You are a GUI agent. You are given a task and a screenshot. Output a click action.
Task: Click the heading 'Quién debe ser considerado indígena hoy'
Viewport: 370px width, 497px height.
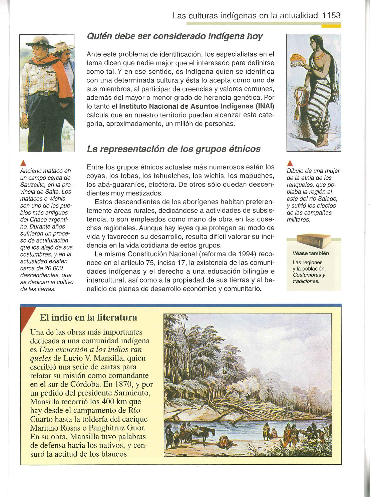click(174, 36)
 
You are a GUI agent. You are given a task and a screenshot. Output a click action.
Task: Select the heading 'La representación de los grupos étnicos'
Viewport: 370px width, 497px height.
click(173, 149)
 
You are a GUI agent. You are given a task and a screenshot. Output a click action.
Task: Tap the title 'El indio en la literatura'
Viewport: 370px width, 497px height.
click(88, 317)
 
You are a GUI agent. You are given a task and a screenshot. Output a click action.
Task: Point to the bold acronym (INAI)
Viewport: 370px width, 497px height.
click(265, 106)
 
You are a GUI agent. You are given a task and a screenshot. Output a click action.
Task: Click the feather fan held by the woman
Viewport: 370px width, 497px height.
click(296, 61)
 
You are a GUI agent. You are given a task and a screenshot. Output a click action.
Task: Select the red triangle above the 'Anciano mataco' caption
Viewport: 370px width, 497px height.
click(23, 163)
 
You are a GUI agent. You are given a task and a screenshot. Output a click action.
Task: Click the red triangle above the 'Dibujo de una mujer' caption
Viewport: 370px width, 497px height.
click(290, 163)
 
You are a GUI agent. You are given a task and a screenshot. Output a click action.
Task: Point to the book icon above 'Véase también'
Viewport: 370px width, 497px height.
click(313, 240)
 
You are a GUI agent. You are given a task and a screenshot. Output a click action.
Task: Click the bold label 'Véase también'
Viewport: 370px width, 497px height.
click(311, 254)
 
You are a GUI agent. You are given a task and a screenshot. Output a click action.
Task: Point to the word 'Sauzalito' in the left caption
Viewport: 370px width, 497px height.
click(33, 185)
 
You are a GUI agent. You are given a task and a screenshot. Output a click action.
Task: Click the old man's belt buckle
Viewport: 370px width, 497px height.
click(43, 93)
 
